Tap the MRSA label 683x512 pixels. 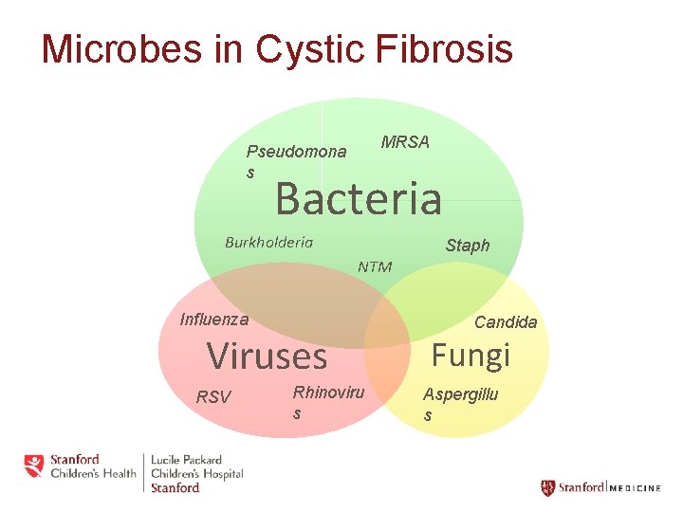(x=405, y=142)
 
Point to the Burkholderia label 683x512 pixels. (x=268, y=242)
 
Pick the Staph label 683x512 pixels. (x=468, y=246)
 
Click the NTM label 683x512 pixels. (x=375, y=266)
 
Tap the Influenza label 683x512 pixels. (x=214, y=320)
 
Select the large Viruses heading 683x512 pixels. (x=267, y=357)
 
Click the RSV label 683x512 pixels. (x=212, y=397)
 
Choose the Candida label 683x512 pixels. (x=506, y=322)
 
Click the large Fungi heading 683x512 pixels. (x=471, y=355)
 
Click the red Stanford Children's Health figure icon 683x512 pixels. (x=34, y=466)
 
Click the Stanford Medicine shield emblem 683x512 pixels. (x=547, y=488)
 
